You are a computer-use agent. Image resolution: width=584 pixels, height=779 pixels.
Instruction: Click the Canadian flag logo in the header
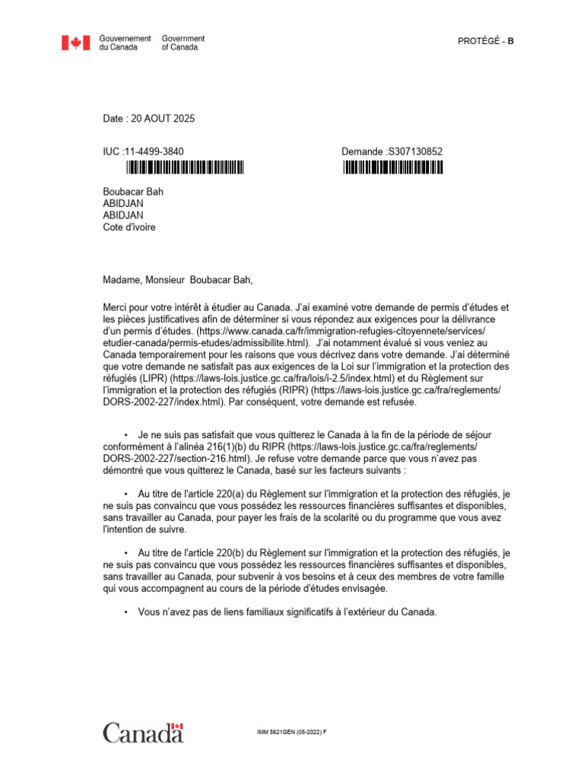[76, 43]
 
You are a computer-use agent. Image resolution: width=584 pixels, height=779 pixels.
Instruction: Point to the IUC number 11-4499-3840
[153, 151]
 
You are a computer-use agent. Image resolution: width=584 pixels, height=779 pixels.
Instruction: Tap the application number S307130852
[414, 151]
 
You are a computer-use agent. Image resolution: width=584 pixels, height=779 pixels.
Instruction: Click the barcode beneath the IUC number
[185, 168]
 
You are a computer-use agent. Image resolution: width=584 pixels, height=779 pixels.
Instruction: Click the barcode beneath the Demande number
[392, 168]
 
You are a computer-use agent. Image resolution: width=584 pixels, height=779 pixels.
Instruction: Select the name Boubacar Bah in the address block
[133, 192]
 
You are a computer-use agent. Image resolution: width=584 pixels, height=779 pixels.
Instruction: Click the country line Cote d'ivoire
[129, 227]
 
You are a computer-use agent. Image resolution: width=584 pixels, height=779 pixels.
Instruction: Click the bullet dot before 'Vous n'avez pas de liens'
[125, 611]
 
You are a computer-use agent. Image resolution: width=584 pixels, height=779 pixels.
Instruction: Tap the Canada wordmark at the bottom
[143, 733]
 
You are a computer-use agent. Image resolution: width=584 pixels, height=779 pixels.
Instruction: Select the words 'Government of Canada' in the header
[182, 43]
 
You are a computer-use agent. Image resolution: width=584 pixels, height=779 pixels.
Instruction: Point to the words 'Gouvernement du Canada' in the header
[125, 43]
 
